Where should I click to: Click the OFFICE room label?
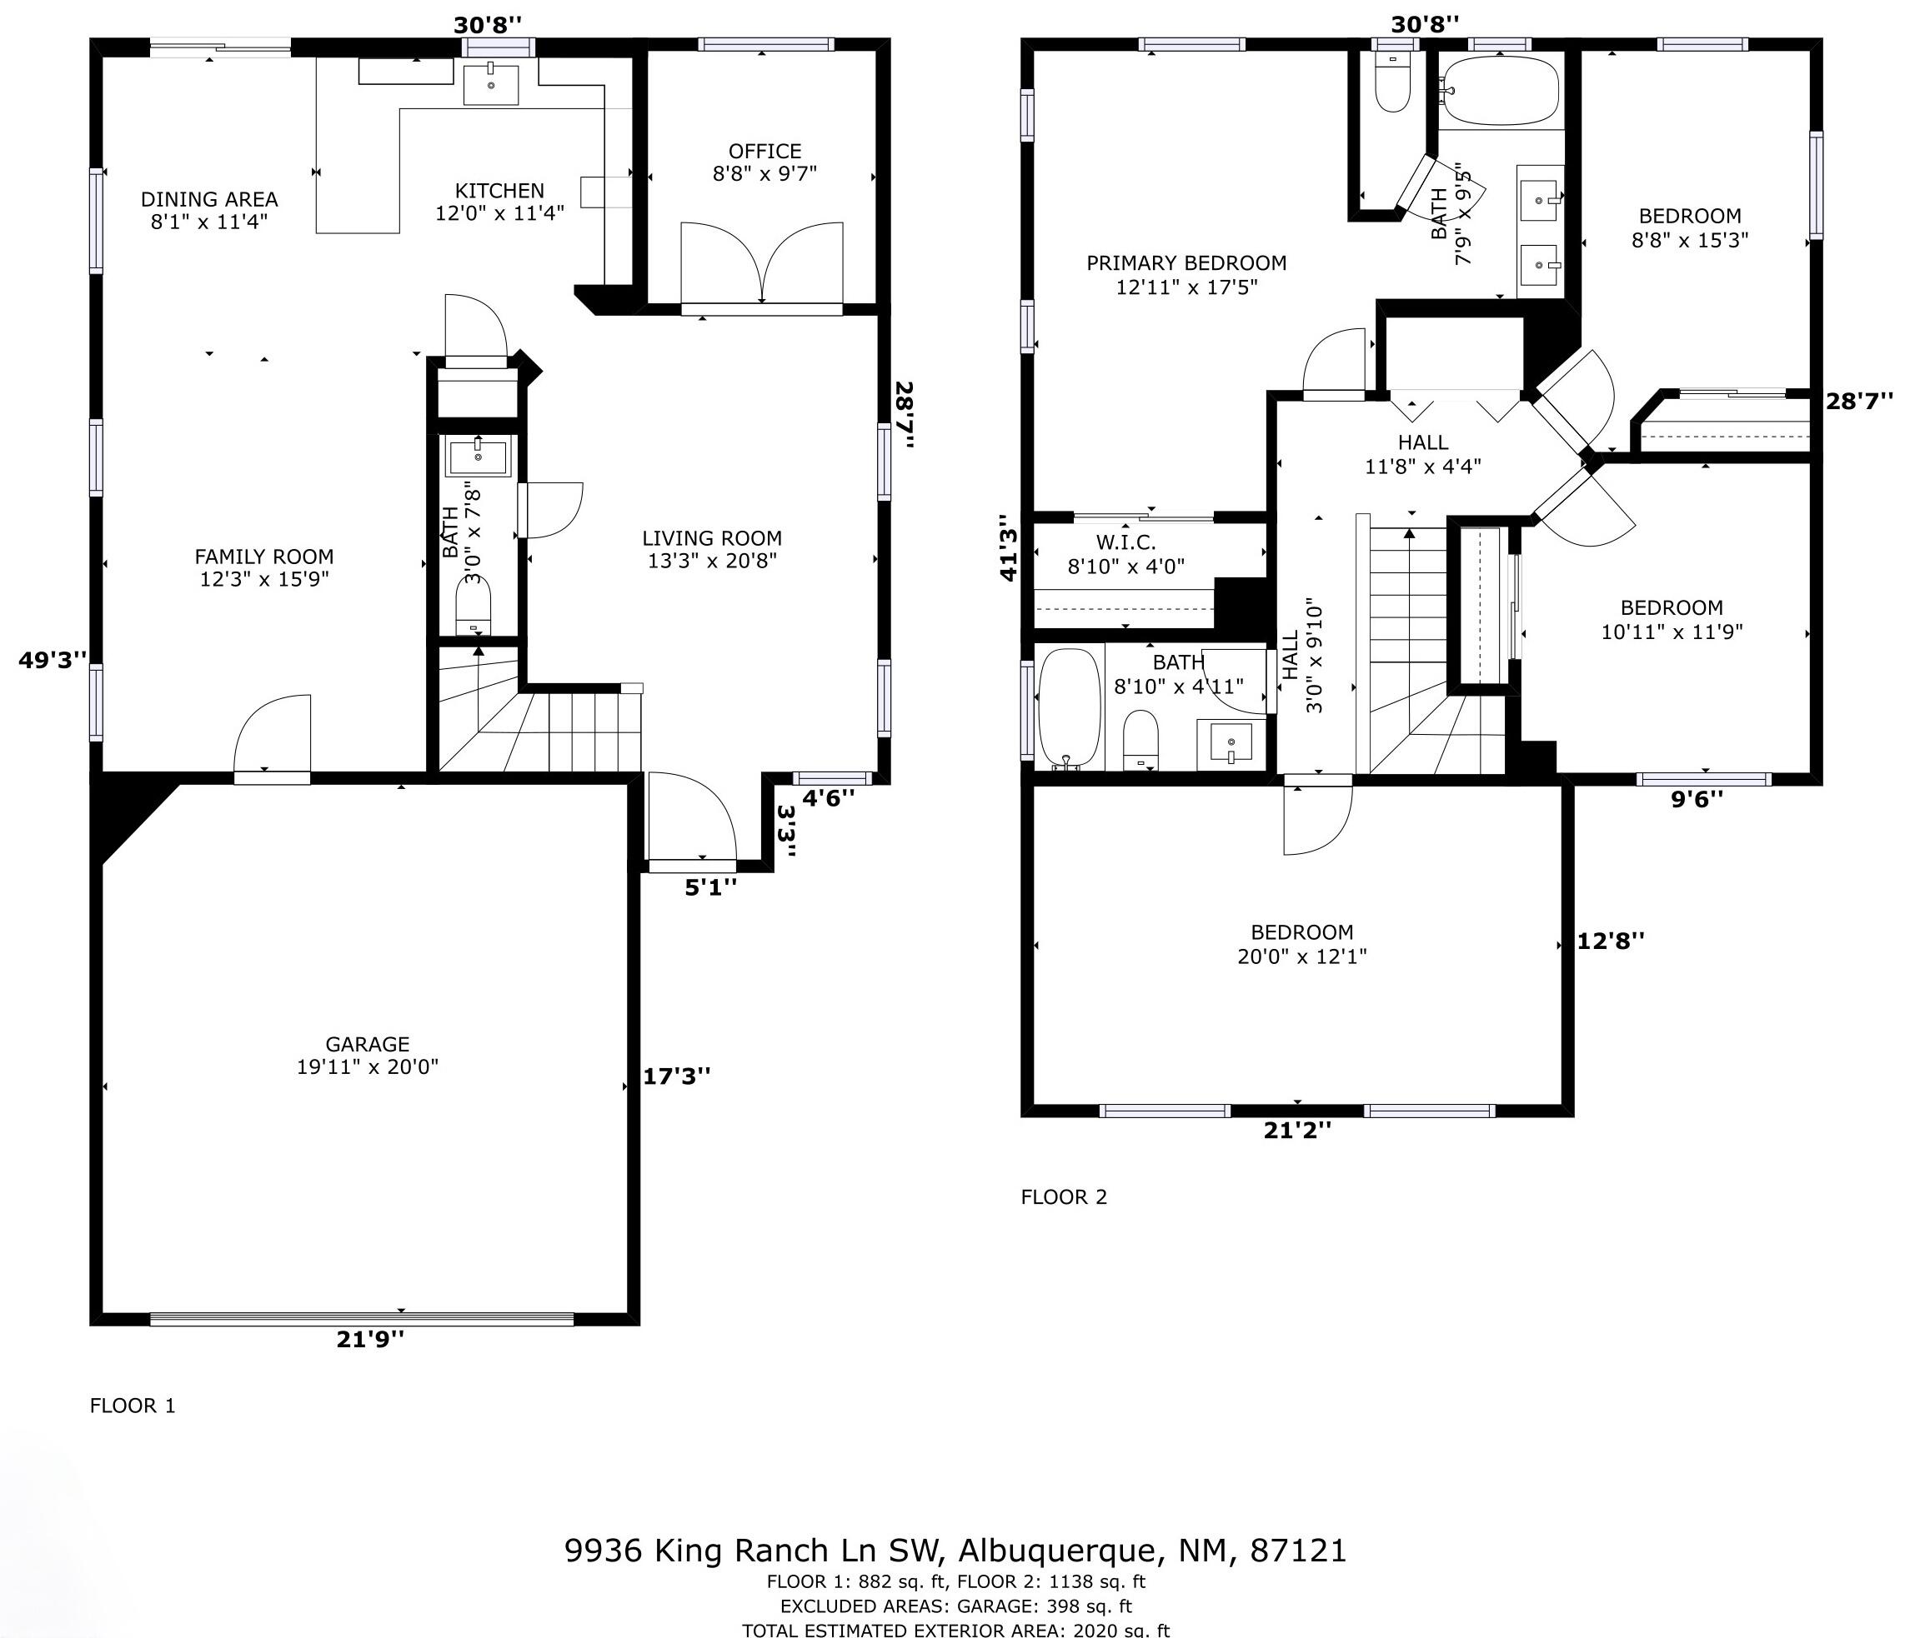coord(764,152)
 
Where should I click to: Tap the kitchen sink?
coord(490,85)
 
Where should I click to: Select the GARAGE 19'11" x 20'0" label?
coord(367,1055)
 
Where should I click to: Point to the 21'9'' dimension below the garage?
coord(369,1339)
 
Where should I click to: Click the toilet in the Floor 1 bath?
coord(474,606)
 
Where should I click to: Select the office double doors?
coord(761,263)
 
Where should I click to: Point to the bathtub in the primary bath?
coord(1500,90)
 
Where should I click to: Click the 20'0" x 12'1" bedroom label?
coord(1301,944)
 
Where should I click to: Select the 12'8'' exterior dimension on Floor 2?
coord(1610,941)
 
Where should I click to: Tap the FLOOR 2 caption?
coord(1063,1197)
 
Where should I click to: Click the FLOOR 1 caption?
coord(133,1406)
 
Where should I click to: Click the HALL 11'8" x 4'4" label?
coord(1422,453)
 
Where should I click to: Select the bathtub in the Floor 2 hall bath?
coord(1069,708)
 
